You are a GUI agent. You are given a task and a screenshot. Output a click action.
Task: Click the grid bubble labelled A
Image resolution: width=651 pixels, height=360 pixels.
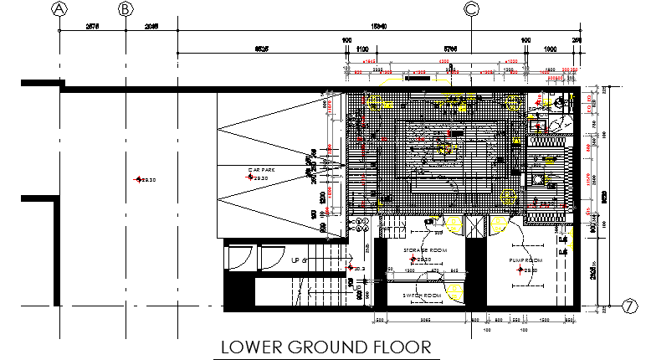(59, 9)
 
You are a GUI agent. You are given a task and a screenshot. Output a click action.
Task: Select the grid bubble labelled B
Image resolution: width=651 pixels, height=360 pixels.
(126, 9)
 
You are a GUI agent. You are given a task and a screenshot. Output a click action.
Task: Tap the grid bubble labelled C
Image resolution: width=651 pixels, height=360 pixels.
(472, 9)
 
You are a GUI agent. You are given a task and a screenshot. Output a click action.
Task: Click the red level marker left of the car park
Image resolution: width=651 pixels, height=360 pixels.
(139, 179)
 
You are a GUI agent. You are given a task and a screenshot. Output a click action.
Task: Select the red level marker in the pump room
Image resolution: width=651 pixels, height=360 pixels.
(520, 270)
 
